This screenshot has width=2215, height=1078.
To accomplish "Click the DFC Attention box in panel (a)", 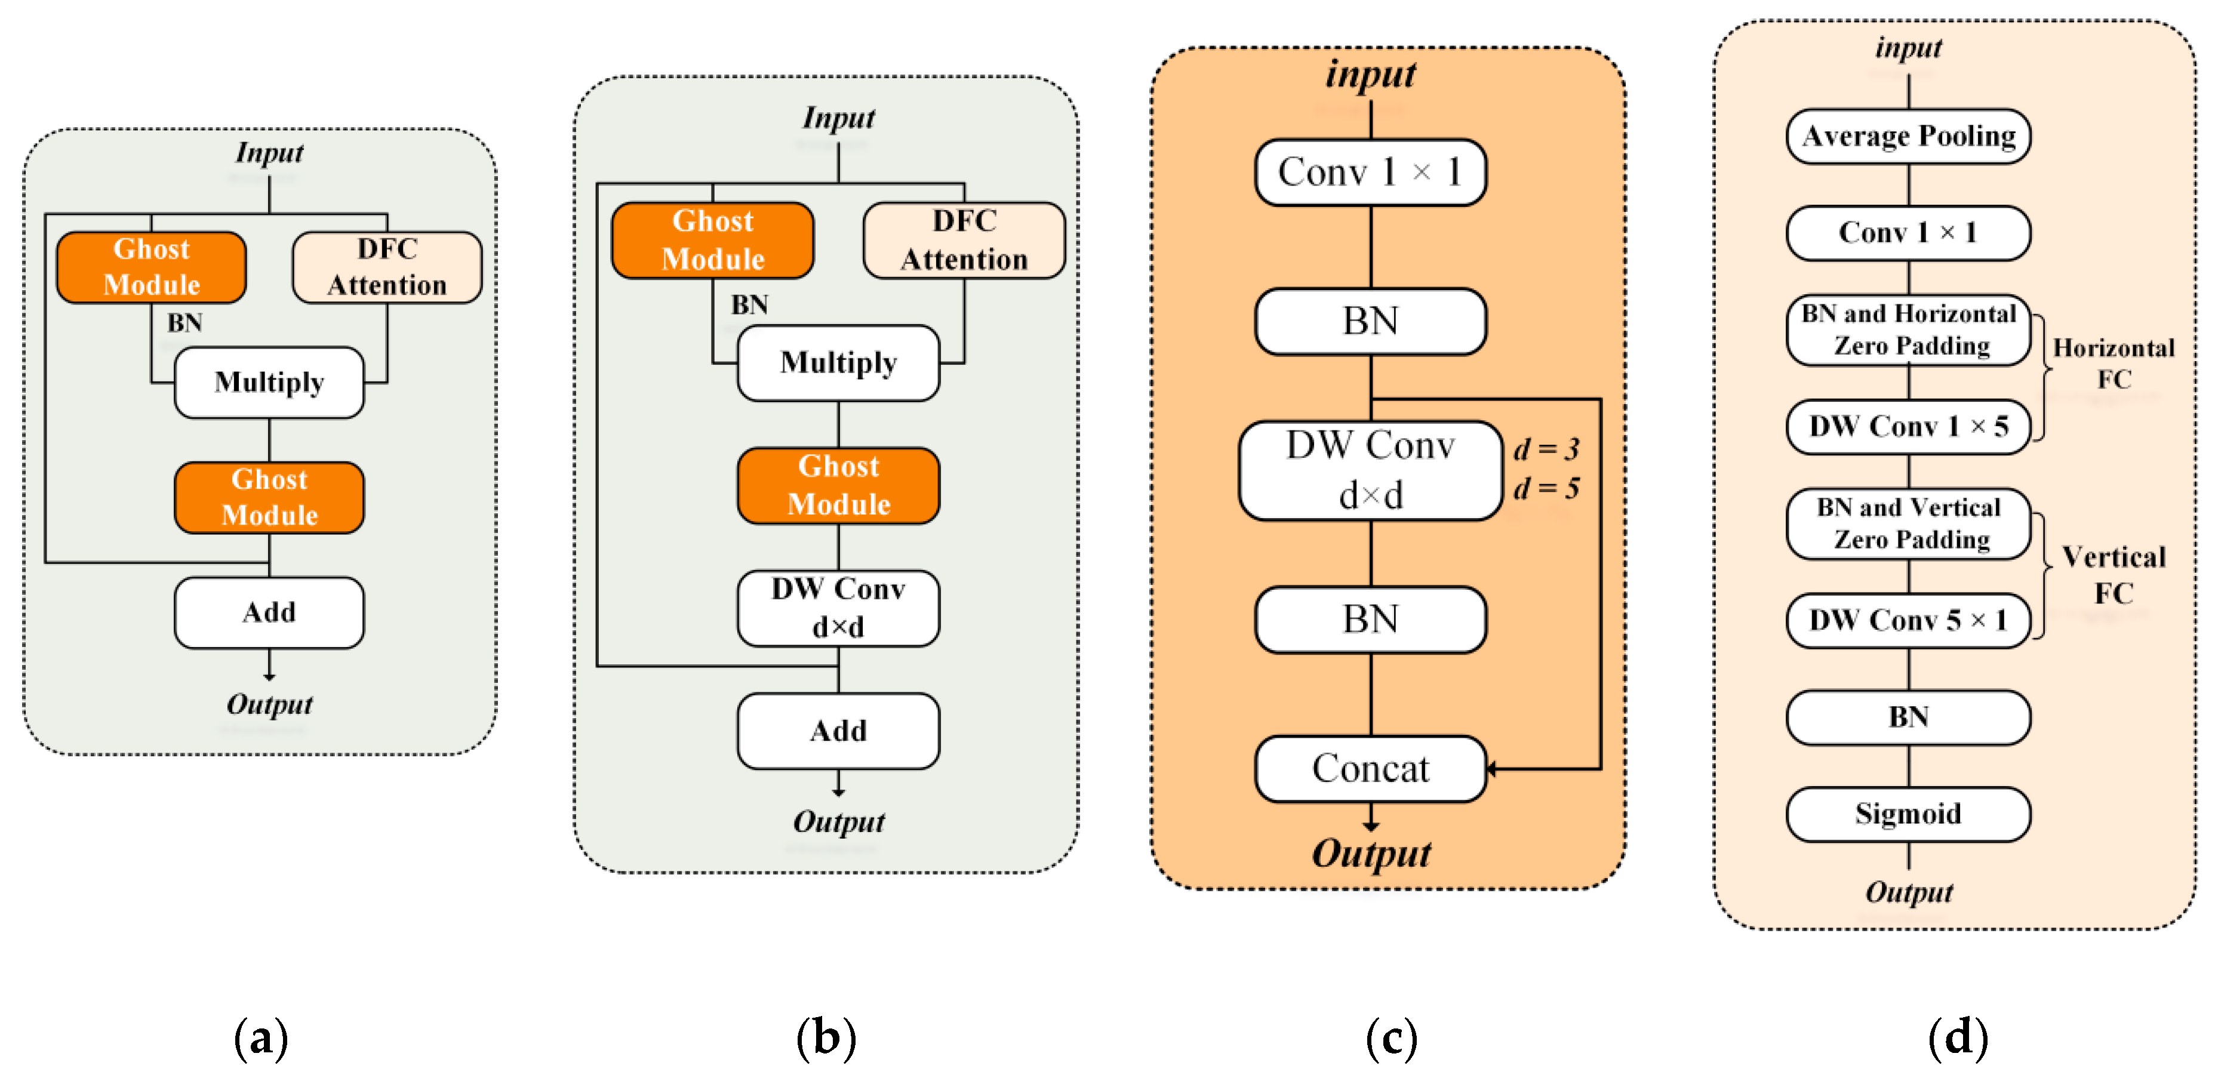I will [387, 267].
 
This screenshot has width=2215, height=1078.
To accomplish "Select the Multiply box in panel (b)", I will [838, 363].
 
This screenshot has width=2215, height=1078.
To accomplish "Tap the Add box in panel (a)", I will [269, 612].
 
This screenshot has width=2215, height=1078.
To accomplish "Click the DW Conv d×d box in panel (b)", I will [838, 608].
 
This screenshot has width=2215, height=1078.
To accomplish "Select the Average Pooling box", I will [1908, 136].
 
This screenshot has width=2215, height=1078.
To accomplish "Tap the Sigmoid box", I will [1908, 813].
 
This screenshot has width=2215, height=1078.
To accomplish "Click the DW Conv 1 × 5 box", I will [1908, 426].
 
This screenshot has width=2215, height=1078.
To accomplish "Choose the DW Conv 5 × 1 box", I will [1908, 620].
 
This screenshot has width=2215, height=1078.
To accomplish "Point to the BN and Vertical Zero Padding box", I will [1908, 523].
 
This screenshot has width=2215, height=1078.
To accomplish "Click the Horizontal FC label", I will [2114, 363].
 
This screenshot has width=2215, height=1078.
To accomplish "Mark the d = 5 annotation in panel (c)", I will [1546, 488].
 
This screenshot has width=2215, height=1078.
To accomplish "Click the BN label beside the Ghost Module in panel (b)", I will [749, 304].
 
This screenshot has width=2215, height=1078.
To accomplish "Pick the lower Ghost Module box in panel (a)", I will [269, 497].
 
